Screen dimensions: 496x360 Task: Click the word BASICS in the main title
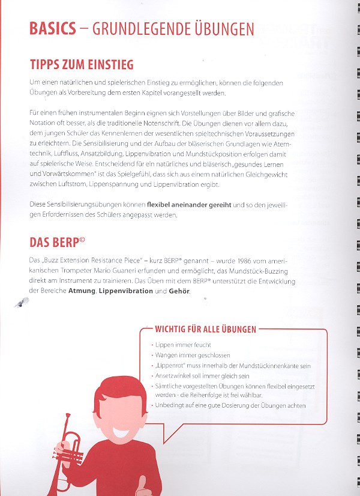pos(53,29)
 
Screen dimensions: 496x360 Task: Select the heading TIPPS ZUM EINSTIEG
pos(82,64)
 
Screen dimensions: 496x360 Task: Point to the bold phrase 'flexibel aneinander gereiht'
pos(189,205)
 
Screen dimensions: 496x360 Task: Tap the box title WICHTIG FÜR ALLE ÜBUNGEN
pos(206,329)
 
